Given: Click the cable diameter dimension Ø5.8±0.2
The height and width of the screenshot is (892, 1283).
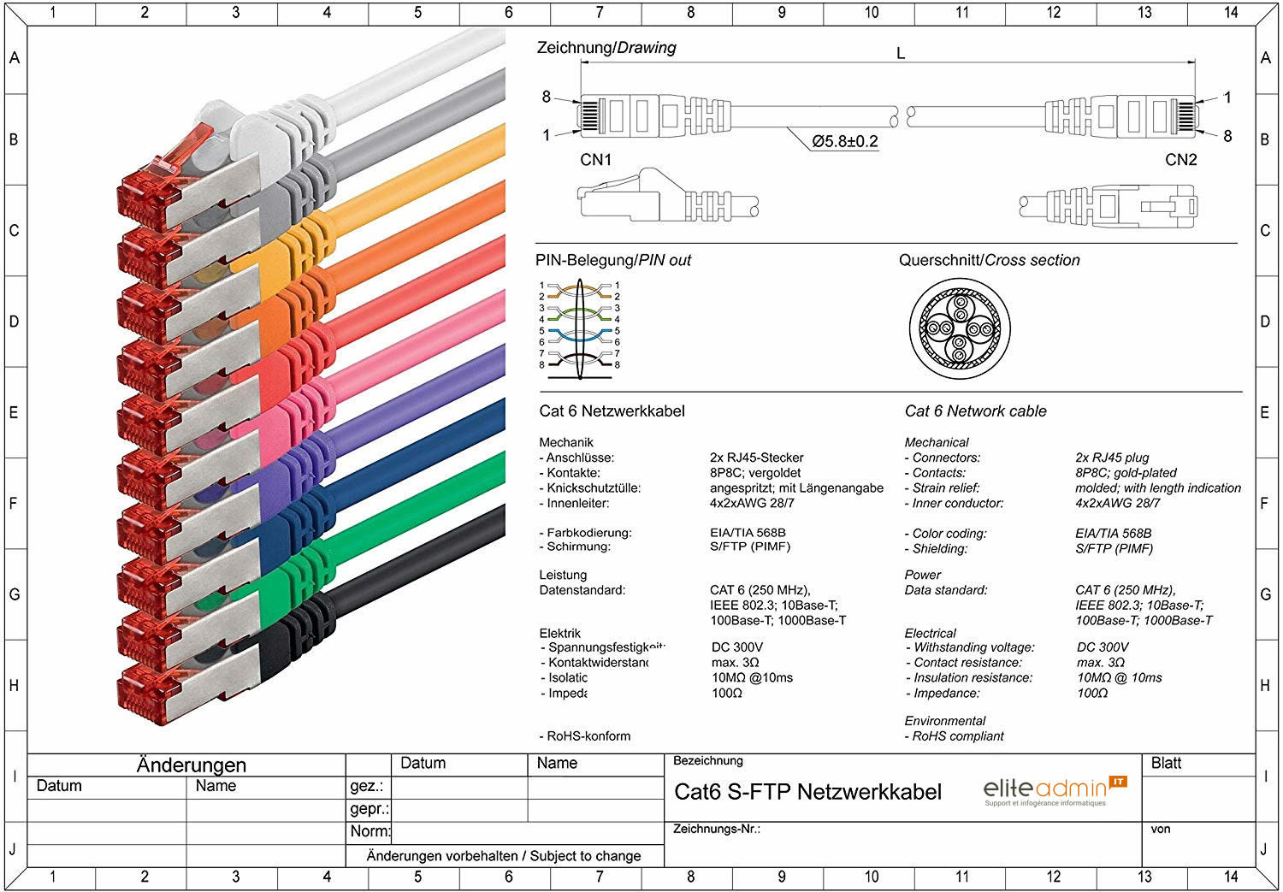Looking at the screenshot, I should (844, 141).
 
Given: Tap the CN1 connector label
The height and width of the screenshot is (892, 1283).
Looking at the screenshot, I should (595, 160).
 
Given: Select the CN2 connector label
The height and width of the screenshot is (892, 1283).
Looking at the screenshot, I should (1180, 160).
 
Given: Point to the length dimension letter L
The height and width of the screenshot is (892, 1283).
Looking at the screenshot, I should (900, 54).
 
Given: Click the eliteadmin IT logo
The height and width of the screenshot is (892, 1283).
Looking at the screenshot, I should (1055, 790).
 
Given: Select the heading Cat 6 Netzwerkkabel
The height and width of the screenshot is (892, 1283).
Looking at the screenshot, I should (612, 411).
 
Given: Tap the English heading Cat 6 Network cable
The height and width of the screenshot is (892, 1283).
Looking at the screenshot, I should (975, 411).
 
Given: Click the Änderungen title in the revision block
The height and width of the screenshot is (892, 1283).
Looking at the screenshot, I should (191, 765).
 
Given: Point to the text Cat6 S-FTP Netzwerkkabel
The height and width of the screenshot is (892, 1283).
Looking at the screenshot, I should (807, 792).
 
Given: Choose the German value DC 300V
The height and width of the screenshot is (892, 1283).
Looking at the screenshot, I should (736, 647).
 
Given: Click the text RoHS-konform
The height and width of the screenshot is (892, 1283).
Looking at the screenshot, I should (588, 735).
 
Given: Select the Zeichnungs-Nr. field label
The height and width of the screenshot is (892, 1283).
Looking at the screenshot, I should (716, 829).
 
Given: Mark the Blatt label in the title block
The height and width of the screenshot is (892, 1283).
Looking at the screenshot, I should (1166, 763).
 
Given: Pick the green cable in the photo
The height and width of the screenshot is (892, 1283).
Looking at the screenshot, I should (411, 526).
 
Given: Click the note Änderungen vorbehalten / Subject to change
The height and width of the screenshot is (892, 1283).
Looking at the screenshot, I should (503, 855).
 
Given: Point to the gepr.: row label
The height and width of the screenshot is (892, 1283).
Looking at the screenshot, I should (369, 809).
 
